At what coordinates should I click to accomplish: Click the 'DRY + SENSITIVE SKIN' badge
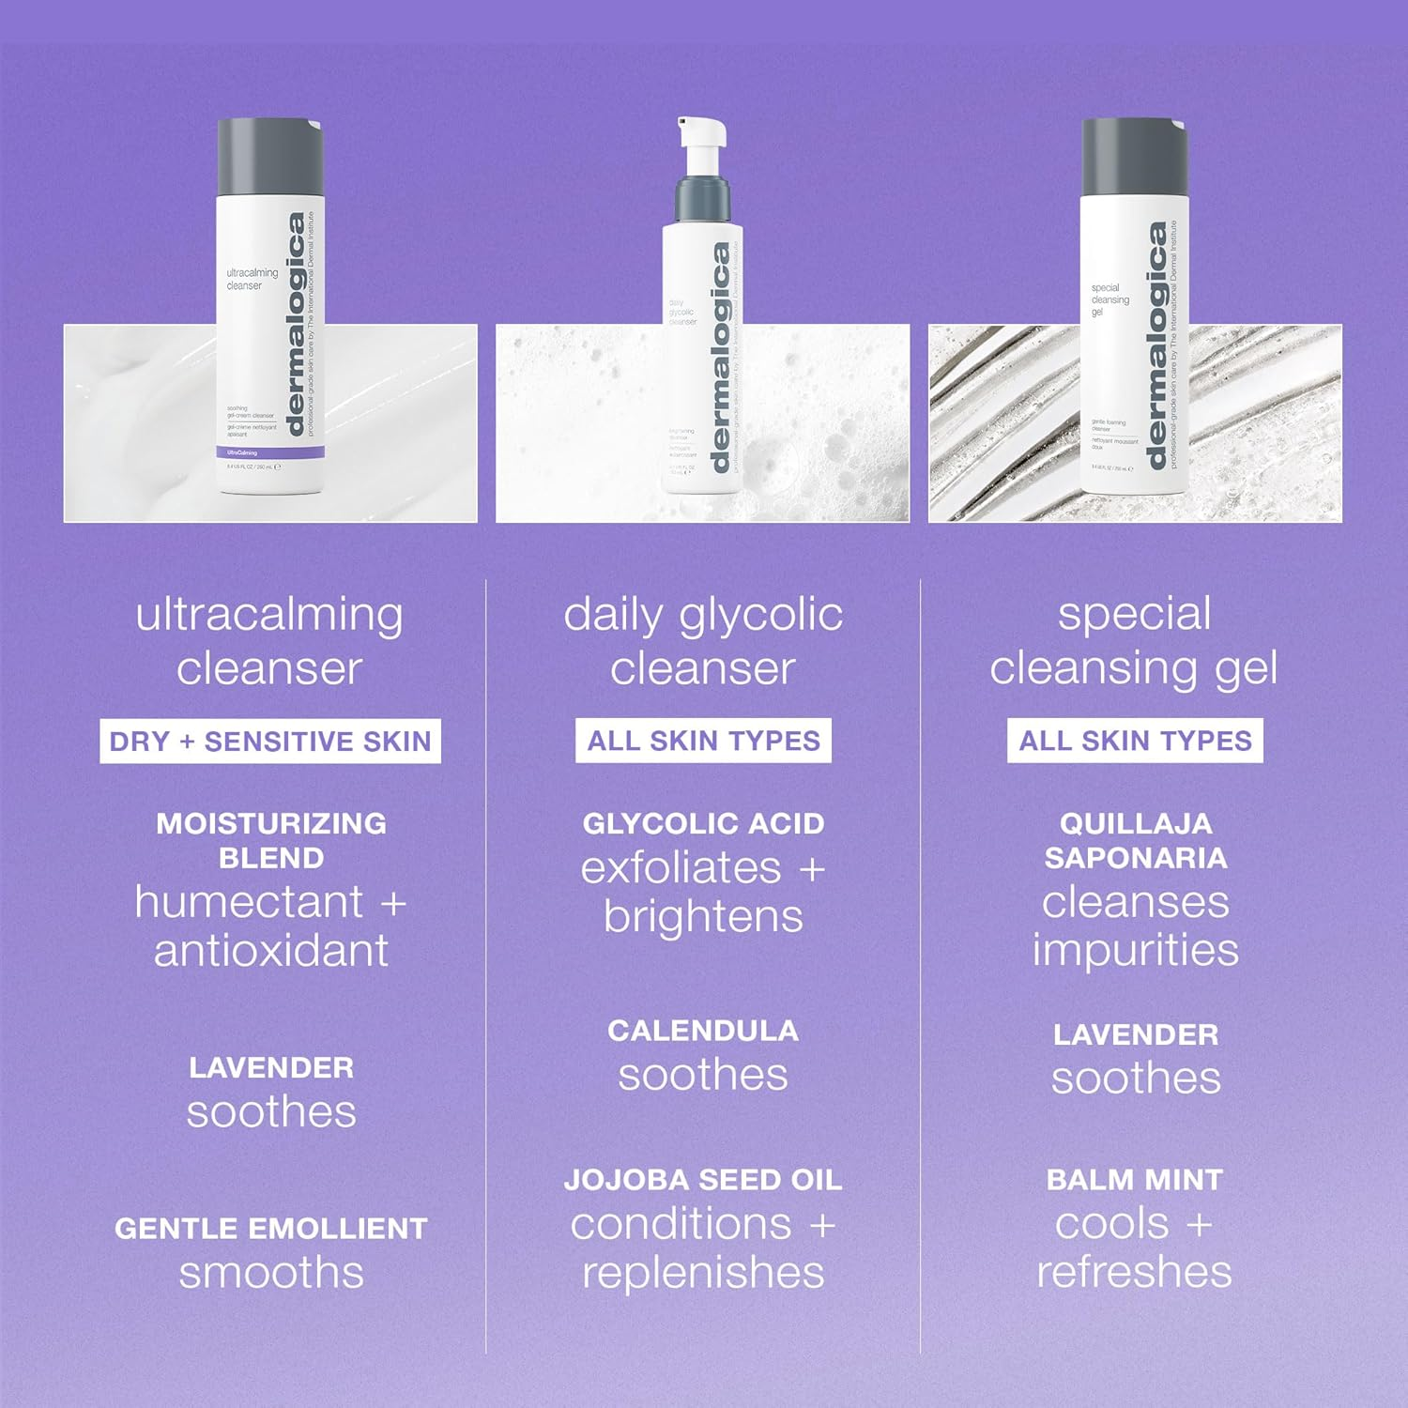point(270,742)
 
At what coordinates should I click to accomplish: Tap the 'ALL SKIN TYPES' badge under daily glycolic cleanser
point(703,741)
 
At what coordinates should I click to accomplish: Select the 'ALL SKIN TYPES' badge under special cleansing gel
point(1135,741)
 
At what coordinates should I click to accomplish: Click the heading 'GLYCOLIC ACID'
point(703,823)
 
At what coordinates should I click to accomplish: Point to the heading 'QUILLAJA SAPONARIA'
point(1135,840)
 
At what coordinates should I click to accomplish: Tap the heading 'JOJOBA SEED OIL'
point(703,1180)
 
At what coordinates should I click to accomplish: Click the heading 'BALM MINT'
point(1135,1180)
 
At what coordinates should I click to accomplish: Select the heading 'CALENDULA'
point(703,1031)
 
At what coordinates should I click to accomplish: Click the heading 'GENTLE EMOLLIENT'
point(270,1229)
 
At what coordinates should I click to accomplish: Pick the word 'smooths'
point(270,1273)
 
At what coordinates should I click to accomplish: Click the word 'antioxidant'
point(270,951)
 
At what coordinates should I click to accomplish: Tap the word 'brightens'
point(703,917)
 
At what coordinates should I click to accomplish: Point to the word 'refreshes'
point(1135,1273)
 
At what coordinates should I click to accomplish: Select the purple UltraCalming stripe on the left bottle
point(270,452)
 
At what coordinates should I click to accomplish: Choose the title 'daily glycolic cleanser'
point(703,641)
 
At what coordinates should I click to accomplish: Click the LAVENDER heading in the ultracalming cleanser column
point(270,1068)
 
